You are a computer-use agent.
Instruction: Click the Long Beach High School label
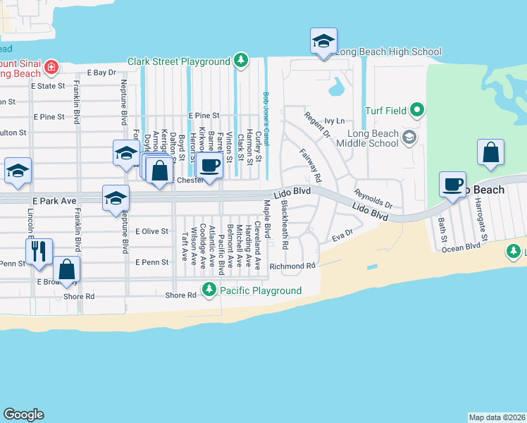click(388, 51)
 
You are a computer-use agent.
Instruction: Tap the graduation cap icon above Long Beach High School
click(323, 41)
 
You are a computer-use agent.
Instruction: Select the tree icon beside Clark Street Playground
click(242, 61)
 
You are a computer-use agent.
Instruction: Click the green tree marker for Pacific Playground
click(209, 290)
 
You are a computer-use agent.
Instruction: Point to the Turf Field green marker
click(417, 110)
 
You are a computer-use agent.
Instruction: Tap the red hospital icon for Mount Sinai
click(51, 68)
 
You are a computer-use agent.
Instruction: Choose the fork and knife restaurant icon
click(38, 250)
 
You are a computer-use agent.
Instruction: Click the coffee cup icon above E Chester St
click(209, 166)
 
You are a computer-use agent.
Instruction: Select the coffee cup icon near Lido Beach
click(452, 185)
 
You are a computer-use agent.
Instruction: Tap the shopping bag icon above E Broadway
click(67, 269)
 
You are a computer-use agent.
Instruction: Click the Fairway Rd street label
click(310, 164)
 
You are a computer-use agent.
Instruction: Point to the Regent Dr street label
click(317, 124)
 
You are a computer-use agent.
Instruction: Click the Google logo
click(23, 415)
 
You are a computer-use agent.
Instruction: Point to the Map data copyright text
click(497, 417)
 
